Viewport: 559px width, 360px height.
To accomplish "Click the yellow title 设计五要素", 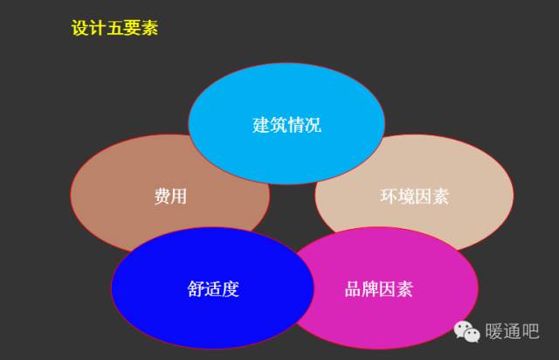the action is tap(114, 28).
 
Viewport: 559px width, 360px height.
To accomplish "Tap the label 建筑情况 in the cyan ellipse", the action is tap(286, 125).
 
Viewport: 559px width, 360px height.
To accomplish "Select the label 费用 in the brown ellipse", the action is tap(170, 197).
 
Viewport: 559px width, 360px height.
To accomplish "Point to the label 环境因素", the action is tap(414, 197).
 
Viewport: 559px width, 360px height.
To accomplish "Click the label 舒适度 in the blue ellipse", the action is tap(213, 288).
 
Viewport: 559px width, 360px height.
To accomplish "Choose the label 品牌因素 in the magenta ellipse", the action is tap(378, 288).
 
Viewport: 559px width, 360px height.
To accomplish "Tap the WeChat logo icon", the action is tap(466, 331).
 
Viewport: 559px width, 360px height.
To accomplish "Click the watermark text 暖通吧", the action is tap(512, 331).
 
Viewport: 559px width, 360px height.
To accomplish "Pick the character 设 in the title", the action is tap(79, 28).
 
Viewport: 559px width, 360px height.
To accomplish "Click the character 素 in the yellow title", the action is tap(149, 28).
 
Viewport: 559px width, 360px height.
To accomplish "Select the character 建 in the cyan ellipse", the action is tap(261, 125).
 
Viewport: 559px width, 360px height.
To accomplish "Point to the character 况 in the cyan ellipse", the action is tap(313, 125).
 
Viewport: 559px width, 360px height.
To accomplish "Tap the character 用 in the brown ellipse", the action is tap(179, 197).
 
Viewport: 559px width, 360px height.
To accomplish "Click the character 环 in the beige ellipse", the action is tap(388, 197).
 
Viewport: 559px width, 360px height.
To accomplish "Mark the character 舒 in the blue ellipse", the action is tap(196, 288).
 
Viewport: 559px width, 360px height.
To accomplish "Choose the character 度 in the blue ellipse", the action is tap(231, 288).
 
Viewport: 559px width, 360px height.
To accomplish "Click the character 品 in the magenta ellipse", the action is tap(353, 288).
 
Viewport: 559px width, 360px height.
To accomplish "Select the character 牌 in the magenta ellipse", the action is tap(370, 288).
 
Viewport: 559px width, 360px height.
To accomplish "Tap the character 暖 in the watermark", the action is tap(493, 331).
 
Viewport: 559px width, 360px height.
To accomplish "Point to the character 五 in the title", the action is tap(114, 28).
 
